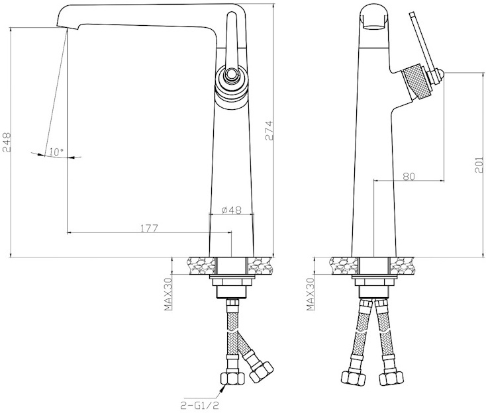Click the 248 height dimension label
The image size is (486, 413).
(7, 142)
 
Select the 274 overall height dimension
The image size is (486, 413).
(269, 131)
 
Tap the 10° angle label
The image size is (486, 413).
(56, 152)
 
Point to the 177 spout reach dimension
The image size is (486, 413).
(150, 228)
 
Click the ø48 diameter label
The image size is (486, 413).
(232, 210)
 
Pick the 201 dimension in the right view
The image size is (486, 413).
(479, 165)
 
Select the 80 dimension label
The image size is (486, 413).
(409, 176)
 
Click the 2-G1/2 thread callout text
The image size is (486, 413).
(200, 405)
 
